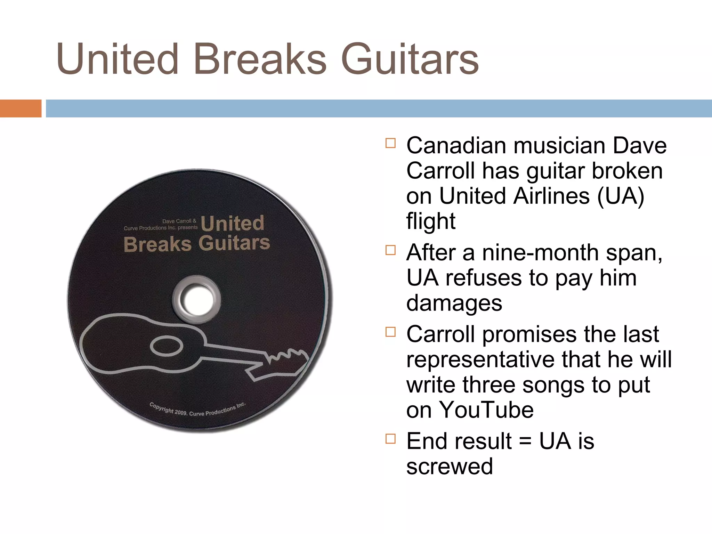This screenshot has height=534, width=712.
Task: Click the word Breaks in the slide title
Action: pyautogui.click(x=260, y=59)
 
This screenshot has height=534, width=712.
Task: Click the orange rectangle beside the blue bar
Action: pyautogui.click(x=21, y=108)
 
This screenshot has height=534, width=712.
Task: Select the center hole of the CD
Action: pyautogui.click(x=196, y=299)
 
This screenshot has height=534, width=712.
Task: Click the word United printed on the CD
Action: pyautogui.click(x=232, y=223)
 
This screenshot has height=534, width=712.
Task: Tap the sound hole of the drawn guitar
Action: pyautogui.click(x=167, y=346)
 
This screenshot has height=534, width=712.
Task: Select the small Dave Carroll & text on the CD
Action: pyautogui.click(x=179, y=221)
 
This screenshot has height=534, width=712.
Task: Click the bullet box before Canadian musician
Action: pyautogui.click(x=390, y=143)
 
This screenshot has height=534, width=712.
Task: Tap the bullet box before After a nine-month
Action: pyautogui.click(x=390, y=250)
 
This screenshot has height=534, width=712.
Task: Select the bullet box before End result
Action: pyautogui.click(x=390, y=439)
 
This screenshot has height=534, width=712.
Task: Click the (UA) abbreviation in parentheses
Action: pyautogui.click(x=621, y=196)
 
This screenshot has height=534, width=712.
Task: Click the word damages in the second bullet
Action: pyautogui.click(x=454, y=303)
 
